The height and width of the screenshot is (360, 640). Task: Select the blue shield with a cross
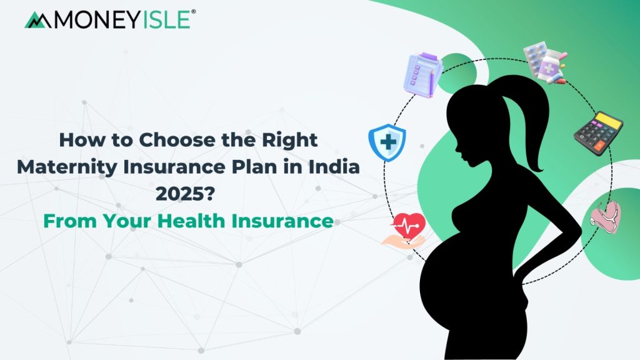coord(387,142)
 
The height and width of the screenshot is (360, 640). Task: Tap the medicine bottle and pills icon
coord(545,62)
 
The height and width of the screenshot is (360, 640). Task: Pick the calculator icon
coord(599,133)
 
